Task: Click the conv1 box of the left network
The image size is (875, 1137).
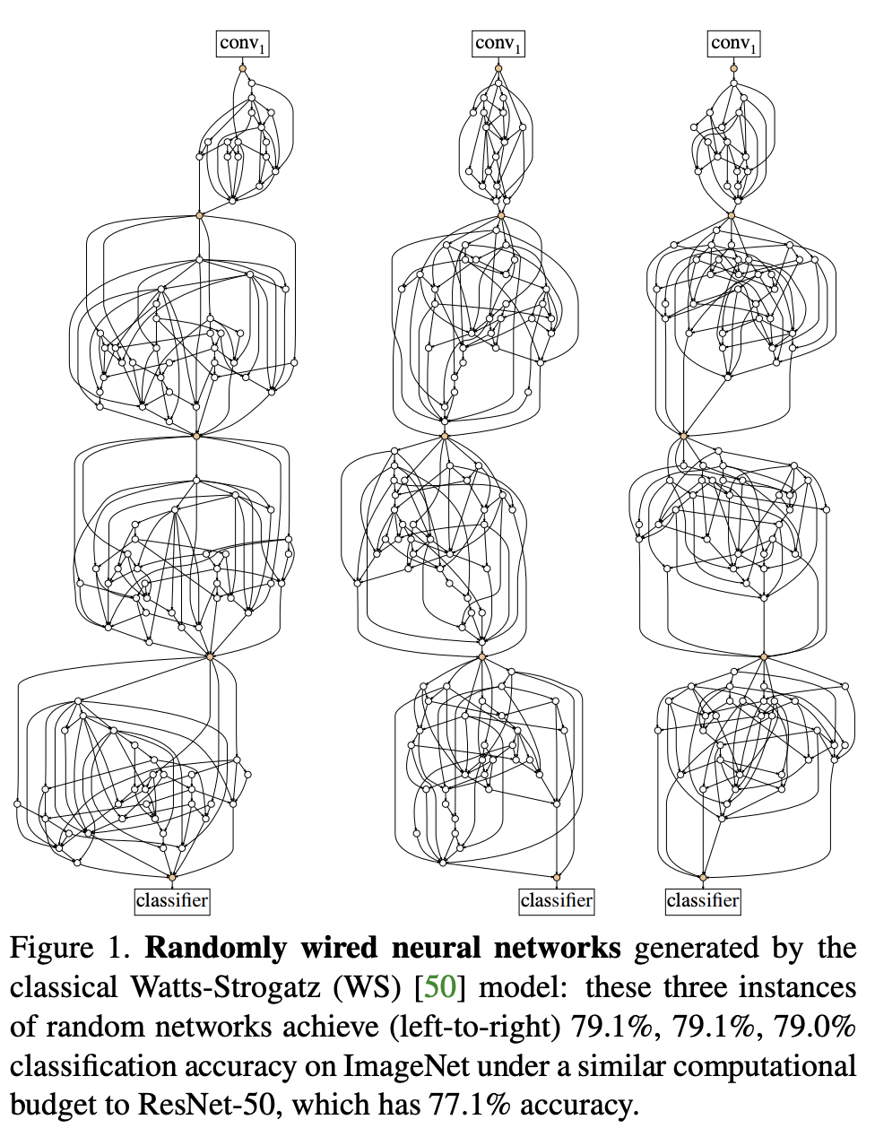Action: tap(242, 44)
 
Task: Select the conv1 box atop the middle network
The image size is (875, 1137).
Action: tap(498, 44)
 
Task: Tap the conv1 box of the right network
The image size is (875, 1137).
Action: tap(733, 44)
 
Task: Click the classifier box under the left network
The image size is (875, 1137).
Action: tap(172, 900)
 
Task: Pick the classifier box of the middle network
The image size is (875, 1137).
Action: tap(557, 900)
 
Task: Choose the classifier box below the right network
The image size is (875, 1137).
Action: tap(703, 900)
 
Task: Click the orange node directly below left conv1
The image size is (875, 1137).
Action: tap(242, 68)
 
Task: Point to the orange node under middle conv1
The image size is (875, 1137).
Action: tap(498, 68)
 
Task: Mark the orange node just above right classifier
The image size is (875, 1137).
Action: tap(703, 877)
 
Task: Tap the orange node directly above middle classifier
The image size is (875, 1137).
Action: tap(557, 877)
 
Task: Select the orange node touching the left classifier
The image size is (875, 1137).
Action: tap(172, 877)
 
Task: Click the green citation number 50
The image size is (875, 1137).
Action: tap(439, 988)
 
